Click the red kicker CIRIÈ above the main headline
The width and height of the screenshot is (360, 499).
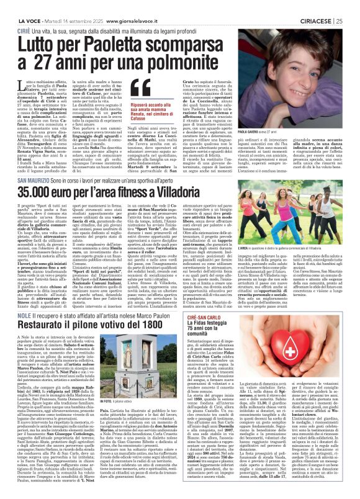coord(25,14)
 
